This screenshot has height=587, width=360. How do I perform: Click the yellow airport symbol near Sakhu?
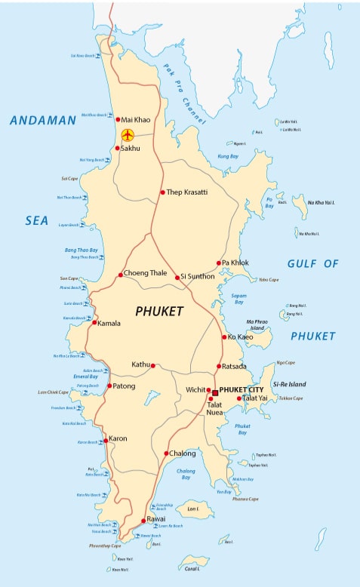click(x=128, y=135)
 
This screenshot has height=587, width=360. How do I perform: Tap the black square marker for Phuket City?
click(x=215, y=392)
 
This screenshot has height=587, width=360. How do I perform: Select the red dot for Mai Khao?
click(x=118, y=119)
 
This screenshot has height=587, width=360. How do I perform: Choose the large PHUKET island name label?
click(x=159, y=311)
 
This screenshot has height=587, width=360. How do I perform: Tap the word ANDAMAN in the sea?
click(x=43, y=120)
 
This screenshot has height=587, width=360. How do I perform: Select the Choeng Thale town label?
click(x=146, y=274)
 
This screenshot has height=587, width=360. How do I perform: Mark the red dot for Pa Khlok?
click(x=217, y=263)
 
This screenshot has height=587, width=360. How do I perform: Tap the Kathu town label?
click(x=141, y=364)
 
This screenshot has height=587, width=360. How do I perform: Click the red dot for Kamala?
click(x=94, y=323)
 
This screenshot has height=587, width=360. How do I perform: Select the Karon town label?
click(x=118, y=438)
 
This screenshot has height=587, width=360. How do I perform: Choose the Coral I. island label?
click(x=192, y=569)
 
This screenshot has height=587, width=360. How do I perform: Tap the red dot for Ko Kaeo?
click(x=224, y=337)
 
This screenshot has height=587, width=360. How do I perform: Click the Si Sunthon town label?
click(x=198, y=277)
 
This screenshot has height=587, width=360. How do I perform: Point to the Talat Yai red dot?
click(x=238, y=398)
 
